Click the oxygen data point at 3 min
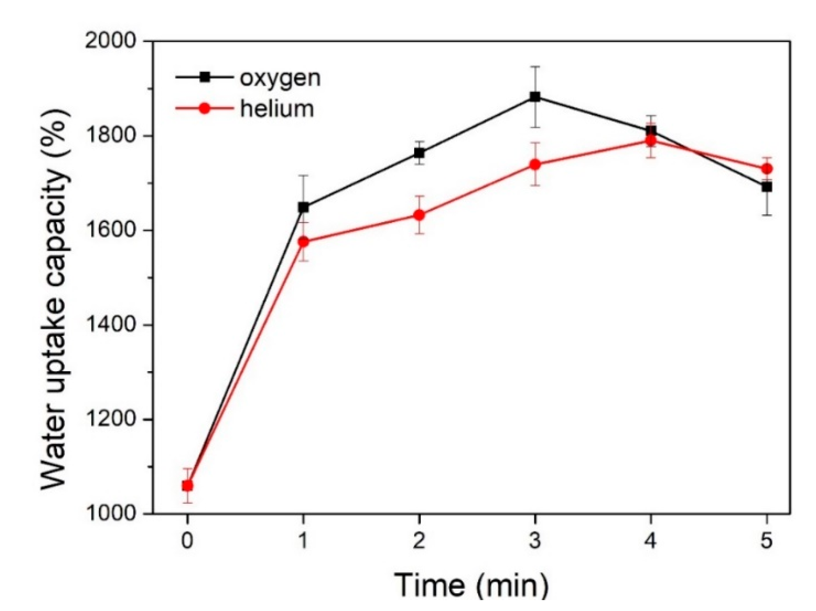click(x=535, y=97)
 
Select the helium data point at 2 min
click(x=419, y=215)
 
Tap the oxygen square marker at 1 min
click(x=303, y=207)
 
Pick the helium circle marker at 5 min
click(x=767, y=169)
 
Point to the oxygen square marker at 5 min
click(x=767, y=187)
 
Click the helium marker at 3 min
click(x=535, y=164)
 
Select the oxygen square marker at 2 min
click(x=419, y=153)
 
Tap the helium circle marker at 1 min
click(x=303, y=242)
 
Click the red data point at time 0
click(x=187, y=485)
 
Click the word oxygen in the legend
click(x=280, y=78)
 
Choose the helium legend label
click(x=277, y=109)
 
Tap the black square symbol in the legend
click(x=205, y=77)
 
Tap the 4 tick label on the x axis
click(x=650, y=541)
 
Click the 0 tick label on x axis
click(x=187, y=541)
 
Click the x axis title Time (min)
click(x=471, y=585)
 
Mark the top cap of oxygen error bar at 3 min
click(x=535, y=67)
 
